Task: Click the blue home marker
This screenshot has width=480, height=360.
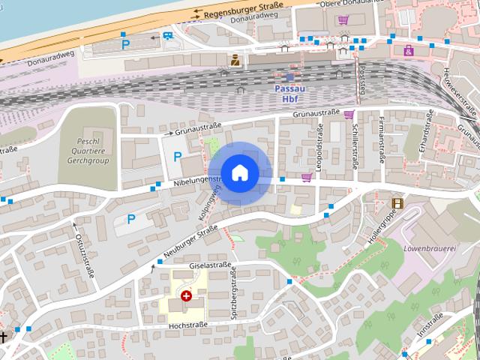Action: coord(239,173)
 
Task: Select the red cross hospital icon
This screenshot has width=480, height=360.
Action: coord(185,296)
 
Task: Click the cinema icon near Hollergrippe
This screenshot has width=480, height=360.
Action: coord(397,202)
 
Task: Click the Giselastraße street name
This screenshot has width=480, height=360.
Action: coord(210,265)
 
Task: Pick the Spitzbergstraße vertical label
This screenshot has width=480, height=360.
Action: coord(234,294)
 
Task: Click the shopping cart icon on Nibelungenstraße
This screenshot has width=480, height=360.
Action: coord(306,178)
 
